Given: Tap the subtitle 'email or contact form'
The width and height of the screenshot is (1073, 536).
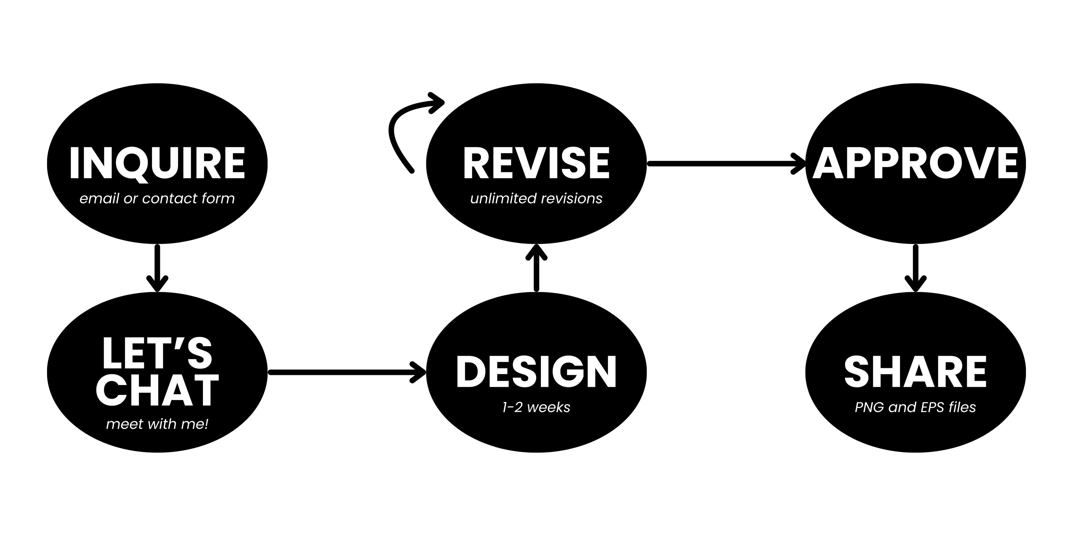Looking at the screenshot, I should (157, 198).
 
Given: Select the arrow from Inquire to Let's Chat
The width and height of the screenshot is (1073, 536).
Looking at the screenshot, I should (157, 268).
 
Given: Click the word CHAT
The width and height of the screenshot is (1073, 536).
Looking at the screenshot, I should (157, 390).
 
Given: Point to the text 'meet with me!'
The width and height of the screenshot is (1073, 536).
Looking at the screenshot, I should (157, 424).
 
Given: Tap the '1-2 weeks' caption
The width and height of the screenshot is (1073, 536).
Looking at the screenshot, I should (536, 407).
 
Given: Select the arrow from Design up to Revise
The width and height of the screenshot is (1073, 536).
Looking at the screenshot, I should (536, 268).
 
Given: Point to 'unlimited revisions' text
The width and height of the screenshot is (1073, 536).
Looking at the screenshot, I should (536, 198).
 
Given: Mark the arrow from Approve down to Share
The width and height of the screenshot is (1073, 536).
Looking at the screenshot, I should (915, 268).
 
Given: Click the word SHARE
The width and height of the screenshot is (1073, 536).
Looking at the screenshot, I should (915, 372).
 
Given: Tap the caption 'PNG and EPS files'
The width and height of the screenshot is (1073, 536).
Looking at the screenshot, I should (915, 407).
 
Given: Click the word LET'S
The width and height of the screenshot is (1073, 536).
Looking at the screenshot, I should (157, 353).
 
